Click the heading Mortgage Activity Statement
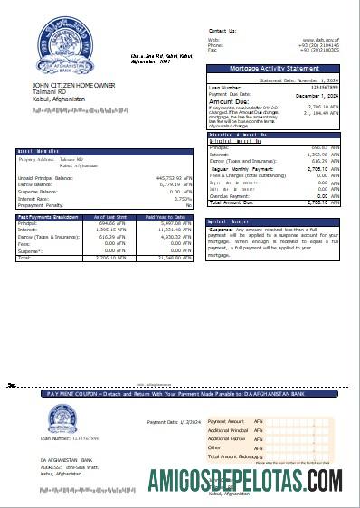274,69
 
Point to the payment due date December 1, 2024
316,94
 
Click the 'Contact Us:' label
222,30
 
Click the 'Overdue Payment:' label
225,195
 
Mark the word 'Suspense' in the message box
221,229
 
